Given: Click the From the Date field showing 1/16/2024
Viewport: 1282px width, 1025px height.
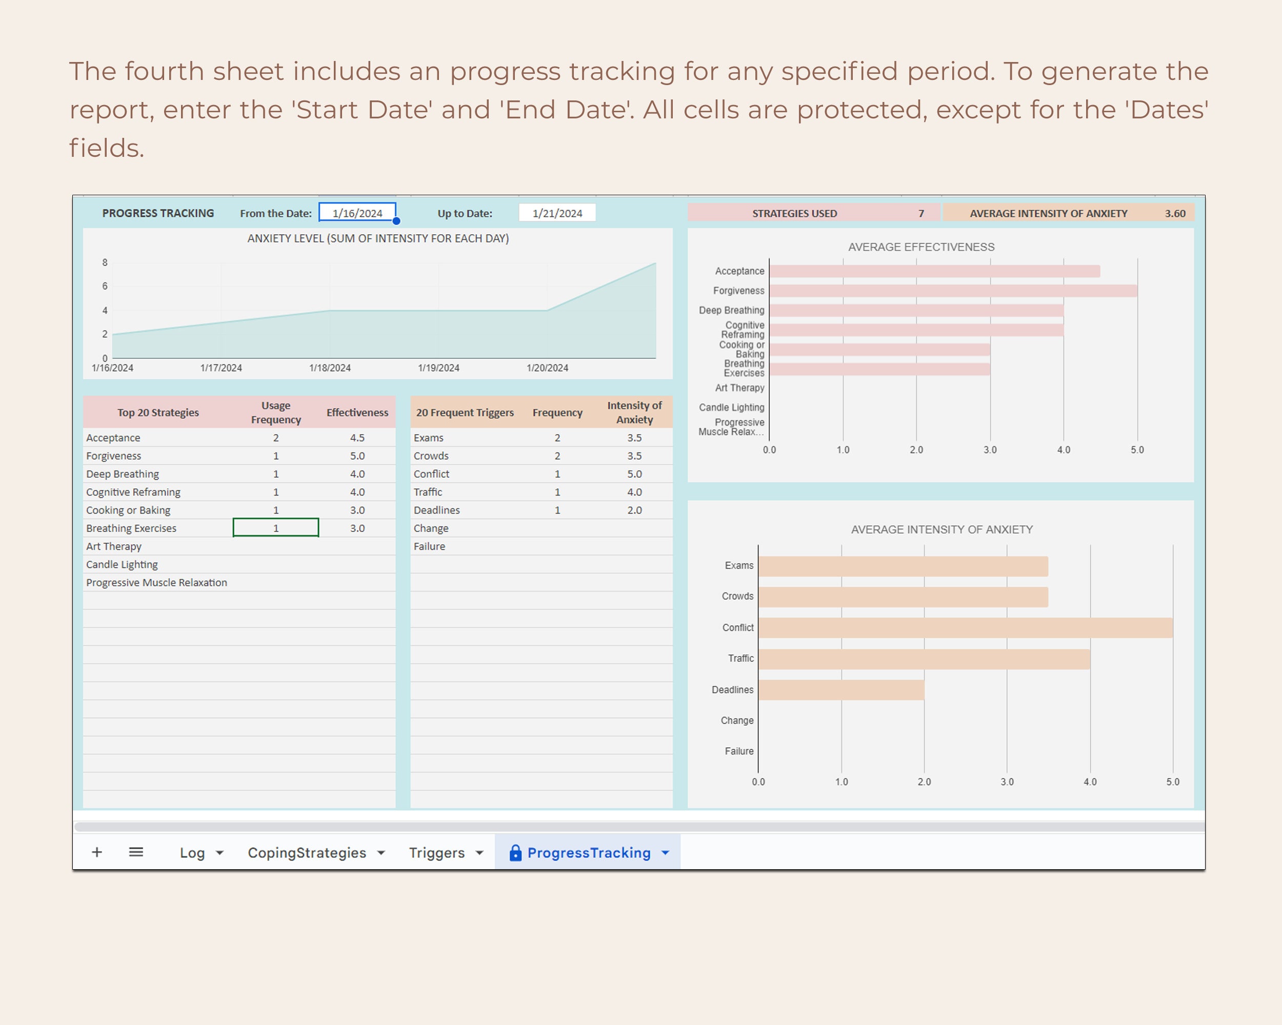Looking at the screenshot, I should pyautogui.click(x=357, y=213).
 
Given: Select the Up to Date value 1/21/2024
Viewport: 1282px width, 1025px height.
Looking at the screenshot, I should pyautogui.click(x=557, y=213).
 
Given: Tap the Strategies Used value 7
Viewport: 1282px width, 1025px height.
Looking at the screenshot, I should pyautogui.click(x=921, y=213).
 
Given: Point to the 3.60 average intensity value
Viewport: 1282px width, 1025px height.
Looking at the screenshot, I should pyautogui.click(x=1174, y=213).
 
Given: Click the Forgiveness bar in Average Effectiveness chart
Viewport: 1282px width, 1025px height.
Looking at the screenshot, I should pyautogui.click(x=953, y=291).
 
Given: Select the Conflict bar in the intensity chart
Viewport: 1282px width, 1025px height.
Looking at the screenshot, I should pyautogui.click(x=965, y=627).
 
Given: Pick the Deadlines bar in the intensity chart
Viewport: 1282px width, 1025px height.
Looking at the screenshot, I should pyautogui.click(x=841, y=690).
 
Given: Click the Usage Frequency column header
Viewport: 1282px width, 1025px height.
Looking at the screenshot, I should pyautogui.click(x=276, y=413).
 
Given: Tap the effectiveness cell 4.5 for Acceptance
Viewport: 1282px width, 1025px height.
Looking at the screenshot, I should pyautogui.click(x=357, y=438).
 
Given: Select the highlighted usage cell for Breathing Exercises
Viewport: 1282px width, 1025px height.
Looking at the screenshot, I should pyautogui.click(x=276, y=528).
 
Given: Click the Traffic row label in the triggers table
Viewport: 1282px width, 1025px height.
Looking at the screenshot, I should pyautogui.click(x=428, y=492).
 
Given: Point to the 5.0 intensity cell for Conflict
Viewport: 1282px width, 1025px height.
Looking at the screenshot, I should pyautogui.click(x=634, y=474).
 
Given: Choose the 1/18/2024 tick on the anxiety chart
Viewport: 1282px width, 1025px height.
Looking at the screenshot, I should pyautogui.click(x=330, y=368).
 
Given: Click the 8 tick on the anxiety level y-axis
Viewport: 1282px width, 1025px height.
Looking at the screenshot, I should pyautogui.click(x=105, y=262).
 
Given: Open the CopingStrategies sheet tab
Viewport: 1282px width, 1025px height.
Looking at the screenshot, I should pyautogui.click(x=307, y=853).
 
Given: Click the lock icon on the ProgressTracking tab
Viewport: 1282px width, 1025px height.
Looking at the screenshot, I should pyautogui.click(x=515, y=853).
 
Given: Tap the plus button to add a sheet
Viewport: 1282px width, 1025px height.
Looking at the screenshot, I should pyautogui.click(x=97, y=853).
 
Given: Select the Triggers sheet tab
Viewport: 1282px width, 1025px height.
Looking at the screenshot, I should pyautogui.click(x=436, y=853).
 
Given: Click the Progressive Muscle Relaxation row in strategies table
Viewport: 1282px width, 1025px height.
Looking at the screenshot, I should pyautogui.click(x=156, y=583).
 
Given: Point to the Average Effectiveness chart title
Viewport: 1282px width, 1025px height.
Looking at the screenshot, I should pyautogui.click(x=921, y=247).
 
